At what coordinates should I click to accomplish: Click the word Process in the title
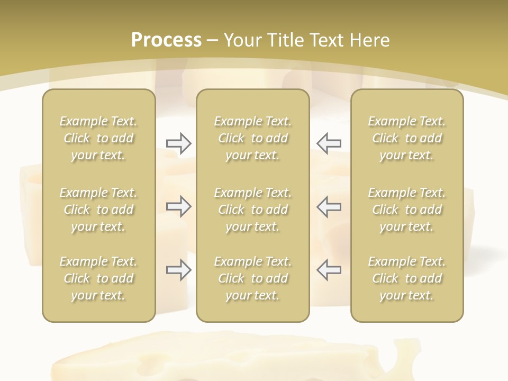click(166, 40)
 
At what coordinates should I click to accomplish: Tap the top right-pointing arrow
click(179, 143)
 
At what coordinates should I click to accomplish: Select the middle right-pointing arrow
click(179, 207)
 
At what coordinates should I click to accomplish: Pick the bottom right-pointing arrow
click(179, 270)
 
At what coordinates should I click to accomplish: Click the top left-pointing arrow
click(329, 143)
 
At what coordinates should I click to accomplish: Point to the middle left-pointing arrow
click(329, 207)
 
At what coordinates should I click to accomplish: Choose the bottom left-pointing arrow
click(329, 270)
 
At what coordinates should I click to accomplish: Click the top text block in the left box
click(98, 138)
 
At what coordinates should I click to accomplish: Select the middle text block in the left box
click(98, 210)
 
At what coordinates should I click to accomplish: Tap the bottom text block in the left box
click(98, 278)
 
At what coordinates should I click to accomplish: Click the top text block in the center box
click(253, 138)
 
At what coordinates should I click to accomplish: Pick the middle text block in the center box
click(253, 210)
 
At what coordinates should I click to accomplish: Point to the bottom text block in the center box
click(253, 278)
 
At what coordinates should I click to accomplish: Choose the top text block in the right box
click(407, 138)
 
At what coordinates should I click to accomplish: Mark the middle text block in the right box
click(407, 210)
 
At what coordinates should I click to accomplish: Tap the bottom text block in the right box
click(407, 278)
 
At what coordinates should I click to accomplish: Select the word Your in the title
click(242, 40)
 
